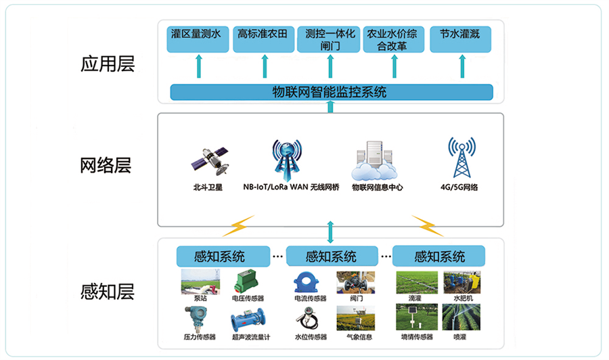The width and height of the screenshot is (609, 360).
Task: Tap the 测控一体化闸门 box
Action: tap(330, 39)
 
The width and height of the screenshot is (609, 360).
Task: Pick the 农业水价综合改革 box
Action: tap(395, 39)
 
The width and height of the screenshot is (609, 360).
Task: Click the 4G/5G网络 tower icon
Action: tap(461, 158)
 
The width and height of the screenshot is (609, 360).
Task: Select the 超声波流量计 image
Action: tap(250, 319)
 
